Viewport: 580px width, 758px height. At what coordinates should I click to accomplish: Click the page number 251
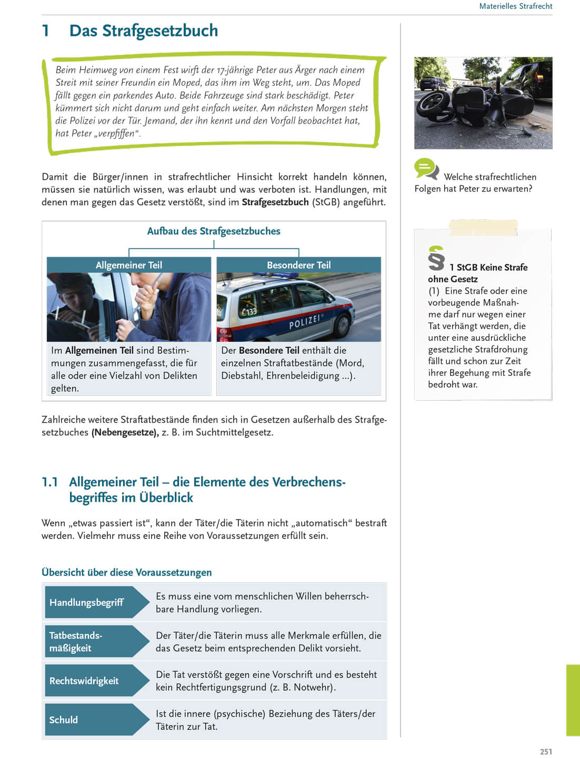coord(546,751)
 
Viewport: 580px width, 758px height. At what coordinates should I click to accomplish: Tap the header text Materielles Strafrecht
coord(515,6)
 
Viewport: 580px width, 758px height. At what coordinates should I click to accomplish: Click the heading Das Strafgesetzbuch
coord(143,31)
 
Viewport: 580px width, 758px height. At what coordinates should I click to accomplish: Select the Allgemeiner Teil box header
coord(129,265)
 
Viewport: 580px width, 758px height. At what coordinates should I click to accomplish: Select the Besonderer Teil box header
coord(298,265)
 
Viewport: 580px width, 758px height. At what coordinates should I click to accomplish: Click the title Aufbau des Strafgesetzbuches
coord(214,231)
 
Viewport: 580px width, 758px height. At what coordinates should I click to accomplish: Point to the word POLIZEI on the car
coord(305,322)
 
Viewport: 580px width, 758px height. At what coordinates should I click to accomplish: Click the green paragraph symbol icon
coord(436,258)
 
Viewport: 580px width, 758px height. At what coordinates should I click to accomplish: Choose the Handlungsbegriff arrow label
coord(87,602)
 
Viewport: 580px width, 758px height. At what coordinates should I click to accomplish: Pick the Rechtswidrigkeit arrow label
coord(84,681)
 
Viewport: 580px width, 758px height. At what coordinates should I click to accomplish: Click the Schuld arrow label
coord(64,720)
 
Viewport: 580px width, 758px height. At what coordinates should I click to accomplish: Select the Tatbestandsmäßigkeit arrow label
coord(76,642)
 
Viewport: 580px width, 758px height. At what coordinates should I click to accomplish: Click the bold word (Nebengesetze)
coord(125,432)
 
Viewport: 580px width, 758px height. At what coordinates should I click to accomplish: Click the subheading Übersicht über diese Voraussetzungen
coord(127,572)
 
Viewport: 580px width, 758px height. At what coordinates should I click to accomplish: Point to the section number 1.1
coord(50,482)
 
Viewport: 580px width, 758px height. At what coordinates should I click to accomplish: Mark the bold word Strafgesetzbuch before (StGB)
coord(275,202)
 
